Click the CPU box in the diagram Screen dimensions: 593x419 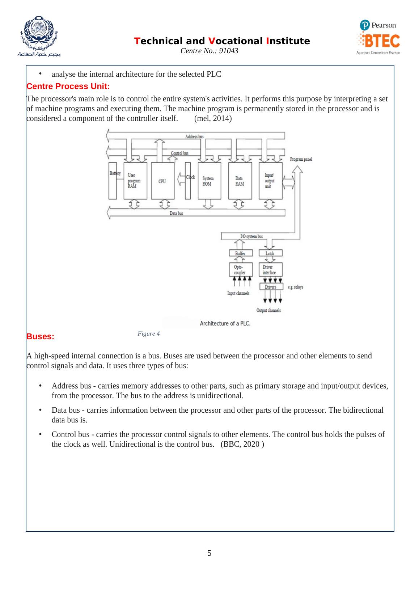click(x=162, y=181)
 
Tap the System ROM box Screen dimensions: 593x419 click(x=210, y=181)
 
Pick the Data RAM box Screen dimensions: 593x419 click(x=240, y=181)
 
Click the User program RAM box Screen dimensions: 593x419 click(x=135, y=181)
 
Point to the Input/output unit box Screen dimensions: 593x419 click(x=271, y=181)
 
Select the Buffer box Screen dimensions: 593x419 click(x=240, y=253)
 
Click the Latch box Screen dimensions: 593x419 click(x=270, y=253)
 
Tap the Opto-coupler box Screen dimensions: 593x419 click(x=240, y=270)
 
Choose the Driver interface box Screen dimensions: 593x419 click(x=270, y=270)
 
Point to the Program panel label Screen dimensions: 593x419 click(x=301, y=159)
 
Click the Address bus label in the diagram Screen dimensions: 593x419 click(x=194, y=136)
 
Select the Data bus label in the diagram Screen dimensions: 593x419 click(x=177, y=213)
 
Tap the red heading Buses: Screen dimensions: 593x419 click(x=41, y=336)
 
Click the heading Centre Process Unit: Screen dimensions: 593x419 click(x=68, y=87)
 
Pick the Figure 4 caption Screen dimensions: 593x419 click(x=149, y=333)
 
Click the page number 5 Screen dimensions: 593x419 click(x=210, y=553)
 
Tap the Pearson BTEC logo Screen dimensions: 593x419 click(x=378, y=37)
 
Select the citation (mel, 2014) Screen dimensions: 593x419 click(x=213, y=118)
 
